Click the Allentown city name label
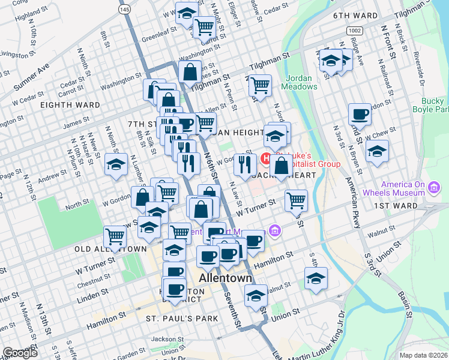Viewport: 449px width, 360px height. [224, 279]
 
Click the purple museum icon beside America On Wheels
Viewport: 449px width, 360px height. [433, 190]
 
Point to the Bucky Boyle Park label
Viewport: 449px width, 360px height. [430, 105]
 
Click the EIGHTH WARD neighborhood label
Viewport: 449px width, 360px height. [70, 105]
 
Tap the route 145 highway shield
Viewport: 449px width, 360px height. [124, 10]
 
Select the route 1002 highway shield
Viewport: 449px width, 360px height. [354, 29]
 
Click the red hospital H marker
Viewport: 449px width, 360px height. [267, 160]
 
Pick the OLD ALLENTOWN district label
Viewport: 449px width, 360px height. [110, 248]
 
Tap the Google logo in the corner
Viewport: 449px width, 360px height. [20, 353]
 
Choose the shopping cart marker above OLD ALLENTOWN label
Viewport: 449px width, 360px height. [115, 235]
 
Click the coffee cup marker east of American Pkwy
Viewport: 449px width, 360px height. [360, 113]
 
